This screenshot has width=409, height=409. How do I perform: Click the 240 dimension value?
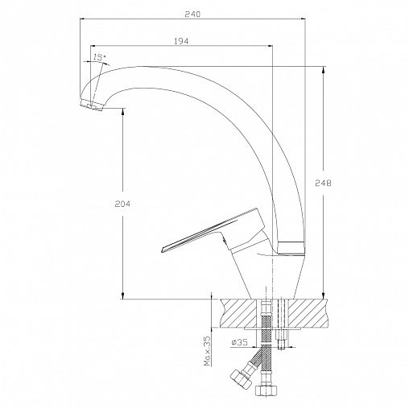click(192, 14)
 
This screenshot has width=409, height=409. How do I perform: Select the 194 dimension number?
click(181, 41)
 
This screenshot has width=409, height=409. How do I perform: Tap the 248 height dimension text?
click(323, 183)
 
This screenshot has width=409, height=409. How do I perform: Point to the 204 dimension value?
click(122, 204)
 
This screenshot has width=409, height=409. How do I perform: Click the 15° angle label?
click(99, 57)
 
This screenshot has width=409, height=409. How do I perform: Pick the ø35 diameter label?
click(239, 342)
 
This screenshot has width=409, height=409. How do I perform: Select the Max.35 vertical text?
click(208, 351)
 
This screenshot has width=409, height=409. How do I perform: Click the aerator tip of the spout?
click(92, 105)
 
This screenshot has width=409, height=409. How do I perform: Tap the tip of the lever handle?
click(162, 250)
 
